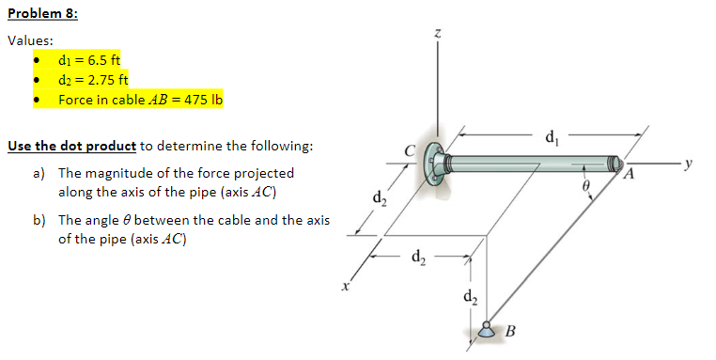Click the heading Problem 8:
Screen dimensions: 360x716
[x=42, y=14]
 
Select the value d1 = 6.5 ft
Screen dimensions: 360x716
[x=83, y=61]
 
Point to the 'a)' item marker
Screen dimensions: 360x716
[x=39, y=173]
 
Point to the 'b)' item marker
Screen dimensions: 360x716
[x=39, y=220]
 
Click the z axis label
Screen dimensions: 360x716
[x=437, y=33]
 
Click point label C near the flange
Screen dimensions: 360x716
[x=408, y=148]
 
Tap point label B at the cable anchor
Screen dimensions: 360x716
[x=510, y=330]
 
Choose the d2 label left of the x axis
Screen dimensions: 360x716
[x=379, y=199]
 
